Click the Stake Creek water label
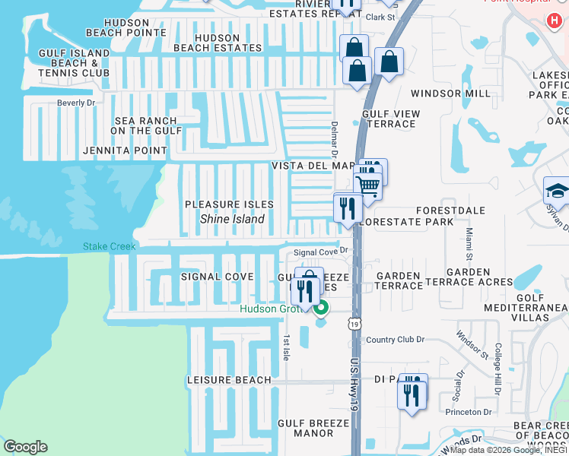110,246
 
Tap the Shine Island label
232,219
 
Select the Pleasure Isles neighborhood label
229,204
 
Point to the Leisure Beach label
229,380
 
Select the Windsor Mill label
451,93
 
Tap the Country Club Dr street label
394,340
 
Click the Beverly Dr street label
76,103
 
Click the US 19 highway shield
355,324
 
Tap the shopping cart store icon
368,185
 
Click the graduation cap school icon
557,190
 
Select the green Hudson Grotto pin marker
322,308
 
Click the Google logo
25,447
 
